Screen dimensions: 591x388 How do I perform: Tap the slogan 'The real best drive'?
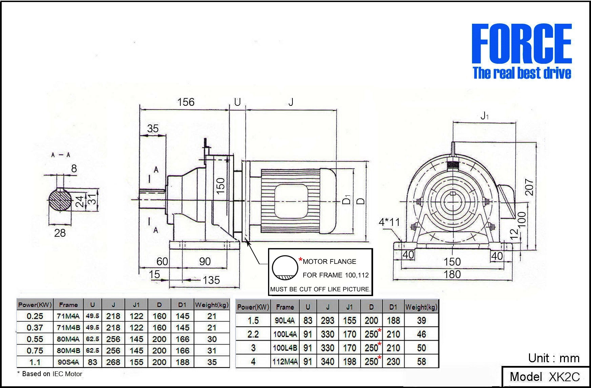point(522,73)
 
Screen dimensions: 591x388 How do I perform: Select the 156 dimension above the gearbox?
point(186,102)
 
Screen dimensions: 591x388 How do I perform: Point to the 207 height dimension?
point(529,187)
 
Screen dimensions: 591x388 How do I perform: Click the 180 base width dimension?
point(452,274)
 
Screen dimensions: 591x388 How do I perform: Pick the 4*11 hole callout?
point(389,222)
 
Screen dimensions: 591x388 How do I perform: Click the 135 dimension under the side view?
point(211,280)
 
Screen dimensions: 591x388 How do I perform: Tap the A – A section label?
point(61,155)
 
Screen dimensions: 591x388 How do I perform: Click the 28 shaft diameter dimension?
point(60,233)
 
